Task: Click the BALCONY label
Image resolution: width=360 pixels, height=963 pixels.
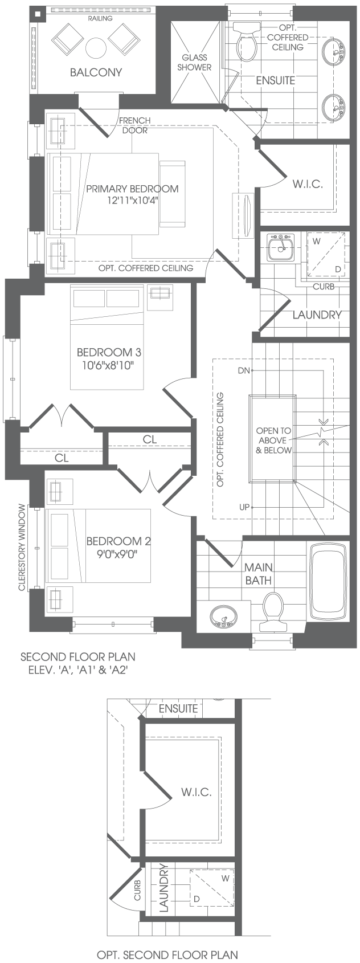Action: (x=96, y=72)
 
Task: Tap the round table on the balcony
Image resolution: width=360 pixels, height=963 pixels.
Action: (x=96, y=48)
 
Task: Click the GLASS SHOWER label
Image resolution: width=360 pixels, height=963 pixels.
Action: (x=194, y=62)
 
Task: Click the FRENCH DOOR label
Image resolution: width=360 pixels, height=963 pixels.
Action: (x=135, y=125)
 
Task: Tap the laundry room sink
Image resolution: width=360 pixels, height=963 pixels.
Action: (x=280, y=247)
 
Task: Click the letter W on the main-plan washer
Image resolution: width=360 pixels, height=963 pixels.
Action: (x=317, y=241)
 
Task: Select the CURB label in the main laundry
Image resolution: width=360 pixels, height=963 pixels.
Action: (x=324, y=287)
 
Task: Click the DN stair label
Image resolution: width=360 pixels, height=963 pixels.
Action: (x=244, y=370)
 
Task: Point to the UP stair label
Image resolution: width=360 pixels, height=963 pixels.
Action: (x=244, y=507)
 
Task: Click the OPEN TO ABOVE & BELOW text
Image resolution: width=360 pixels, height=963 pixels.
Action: (x=273, y=440)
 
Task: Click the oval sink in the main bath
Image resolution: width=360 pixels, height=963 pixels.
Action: (x=223, y=617)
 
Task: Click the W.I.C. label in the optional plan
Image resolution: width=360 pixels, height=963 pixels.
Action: (x=197, y=791)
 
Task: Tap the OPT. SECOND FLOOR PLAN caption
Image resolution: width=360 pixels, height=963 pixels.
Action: (x=167, y=955)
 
